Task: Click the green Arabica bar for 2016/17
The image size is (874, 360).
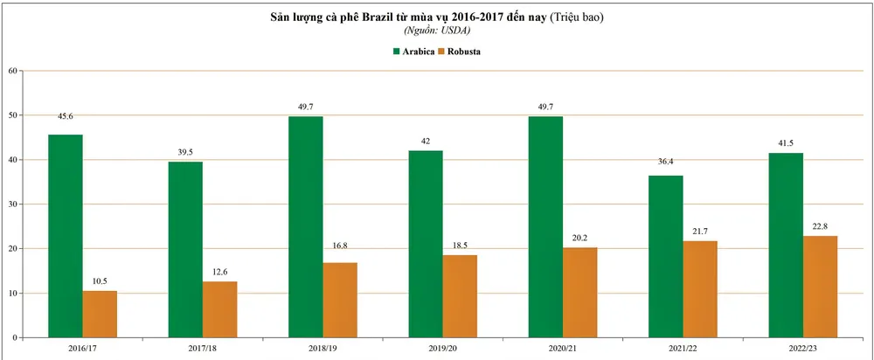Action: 66,236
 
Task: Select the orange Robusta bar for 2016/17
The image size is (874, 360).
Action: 100,314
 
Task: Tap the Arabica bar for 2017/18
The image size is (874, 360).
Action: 185,249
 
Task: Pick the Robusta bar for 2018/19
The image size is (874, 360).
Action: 340,300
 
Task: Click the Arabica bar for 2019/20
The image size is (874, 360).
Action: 426,244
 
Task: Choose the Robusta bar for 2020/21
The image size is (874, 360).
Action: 580,292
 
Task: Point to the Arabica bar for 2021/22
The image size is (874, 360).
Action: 665,256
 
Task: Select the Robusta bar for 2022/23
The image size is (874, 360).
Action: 820,287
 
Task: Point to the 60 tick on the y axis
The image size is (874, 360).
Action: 12,71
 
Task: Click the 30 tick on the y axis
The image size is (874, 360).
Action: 12,204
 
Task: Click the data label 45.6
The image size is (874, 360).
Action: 66,116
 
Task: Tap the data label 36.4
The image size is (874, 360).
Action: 665,159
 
